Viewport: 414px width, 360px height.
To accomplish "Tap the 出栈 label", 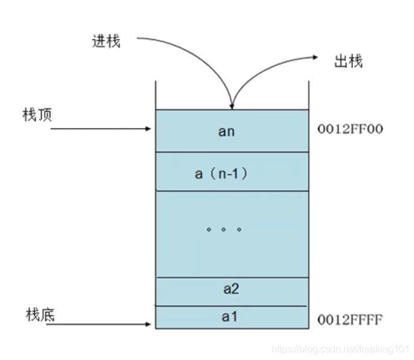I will (348, 61).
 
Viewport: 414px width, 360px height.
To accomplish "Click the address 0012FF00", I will (349, 129).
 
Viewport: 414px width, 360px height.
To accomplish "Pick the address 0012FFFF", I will (349, 318).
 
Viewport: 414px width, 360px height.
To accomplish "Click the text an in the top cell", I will (226, 131).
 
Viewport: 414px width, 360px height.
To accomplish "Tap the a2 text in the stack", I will (231, 289).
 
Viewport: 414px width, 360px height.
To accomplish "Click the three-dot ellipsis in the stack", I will (224, 230).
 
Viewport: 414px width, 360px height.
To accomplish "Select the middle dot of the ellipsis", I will (224, 230).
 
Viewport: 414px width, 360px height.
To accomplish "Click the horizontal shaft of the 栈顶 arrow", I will (97, 128).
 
